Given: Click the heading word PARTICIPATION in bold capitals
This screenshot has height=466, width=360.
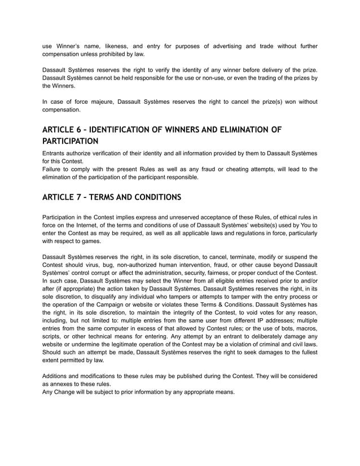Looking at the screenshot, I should coord(71,141).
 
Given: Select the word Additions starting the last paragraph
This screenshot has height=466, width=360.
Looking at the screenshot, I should coord(58,376).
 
